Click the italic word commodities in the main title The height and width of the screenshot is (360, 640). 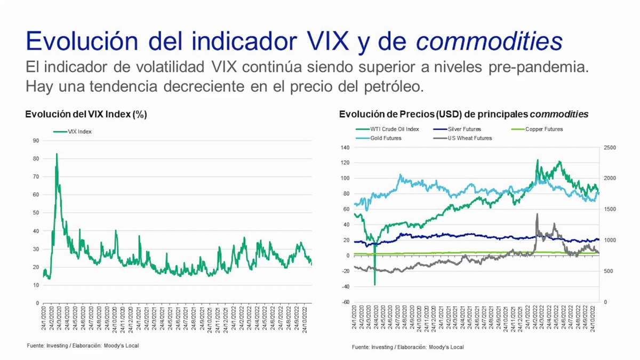point(489,41)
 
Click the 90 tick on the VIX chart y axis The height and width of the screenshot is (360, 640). point(36,141)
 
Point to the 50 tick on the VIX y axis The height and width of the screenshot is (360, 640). point(36,213)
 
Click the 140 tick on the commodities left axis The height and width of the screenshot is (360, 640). point(344,147)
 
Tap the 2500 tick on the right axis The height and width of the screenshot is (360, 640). point(609,147)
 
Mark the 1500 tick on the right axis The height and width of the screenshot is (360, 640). point(609,209)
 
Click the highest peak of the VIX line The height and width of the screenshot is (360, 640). point(57,154)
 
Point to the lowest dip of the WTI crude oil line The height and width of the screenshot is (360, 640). point(375,284)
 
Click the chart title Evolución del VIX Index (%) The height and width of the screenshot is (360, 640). point(86,114)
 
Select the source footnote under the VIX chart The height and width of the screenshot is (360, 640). point(83,346)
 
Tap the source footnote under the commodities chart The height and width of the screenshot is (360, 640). point(407,347)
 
